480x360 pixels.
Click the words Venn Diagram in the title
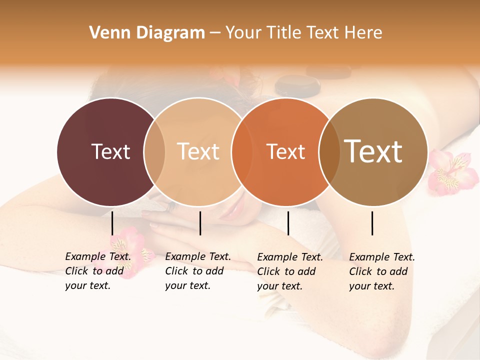tap(147, 33)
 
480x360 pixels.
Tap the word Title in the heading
tap(283, 33)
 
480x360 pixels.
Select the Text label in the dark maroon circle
tap(110, 151)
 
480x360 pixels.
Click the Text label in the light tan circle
tap(198, 151)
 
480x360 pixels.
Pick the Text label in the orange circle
tap(285, 151)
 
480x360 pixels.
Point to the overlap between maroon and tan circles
tap(154, 151)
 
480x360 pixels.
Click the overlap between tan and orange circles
tap(241, 151)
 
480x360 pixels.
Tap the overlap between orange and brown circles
tap(329, 151)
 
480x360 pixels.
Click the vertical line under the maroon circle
tap(112, 223)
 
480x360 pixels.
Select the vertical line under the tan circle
tap(200, 223)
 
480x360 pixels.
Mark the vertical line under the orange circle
tap(288, 223)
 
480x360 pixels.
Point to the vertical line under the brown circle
tap(372, 223)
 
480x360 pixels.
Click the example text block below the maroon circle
tap(98, 271)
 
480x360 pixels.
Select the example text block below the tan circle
tap(198, 271)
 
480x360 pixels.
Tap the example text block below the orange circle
tap(290, 271)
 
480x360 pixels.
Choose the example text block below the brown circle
tap(382, 271)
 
